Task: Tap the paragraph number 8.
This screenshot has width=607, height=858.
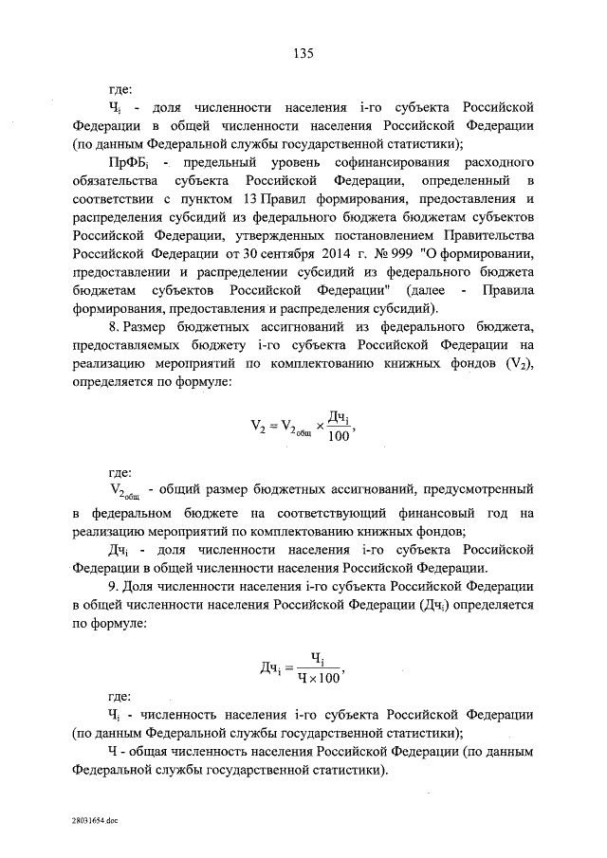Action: tap(112, 325)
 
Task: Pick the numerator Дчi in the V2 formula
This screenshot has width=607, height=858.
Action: tap(340, 414)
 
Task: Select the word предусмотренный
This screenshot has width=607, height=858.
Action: tap(484, 490)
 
